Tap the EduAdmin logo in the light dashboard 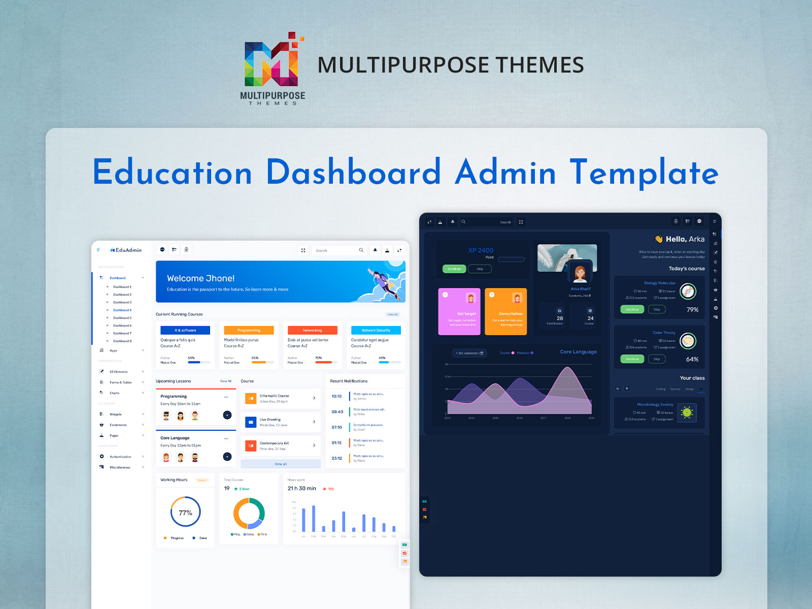(x=126, y=250)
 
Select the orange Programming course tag (x=249, y=330)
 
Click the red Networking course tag (x=312, y=330)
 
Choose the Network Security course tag (x=376, y=330)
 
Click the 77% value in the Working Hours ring (x=185, y=513)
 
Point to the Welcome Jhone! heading (x=200, y=278)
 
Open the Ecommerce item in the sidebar (x=118, y=425)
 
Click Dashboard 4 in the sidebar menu (x=122, y=310)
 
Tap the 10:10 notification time (x=336, y=396)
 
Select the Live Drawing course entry (x=270, y=420)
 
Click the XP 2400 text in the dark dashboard (x=481, y=250)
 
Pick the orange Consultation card (x=505, y=312)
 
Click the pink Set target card (x=459, y=312)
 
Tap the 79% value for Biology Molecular (x=692, y=310)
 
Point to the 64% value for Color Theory (x=692, y=359)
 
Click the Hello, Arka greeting (x=685, y=239)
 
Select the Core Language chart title (x=578, y=352)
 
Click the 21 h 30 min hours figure (x=301, y=488)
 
